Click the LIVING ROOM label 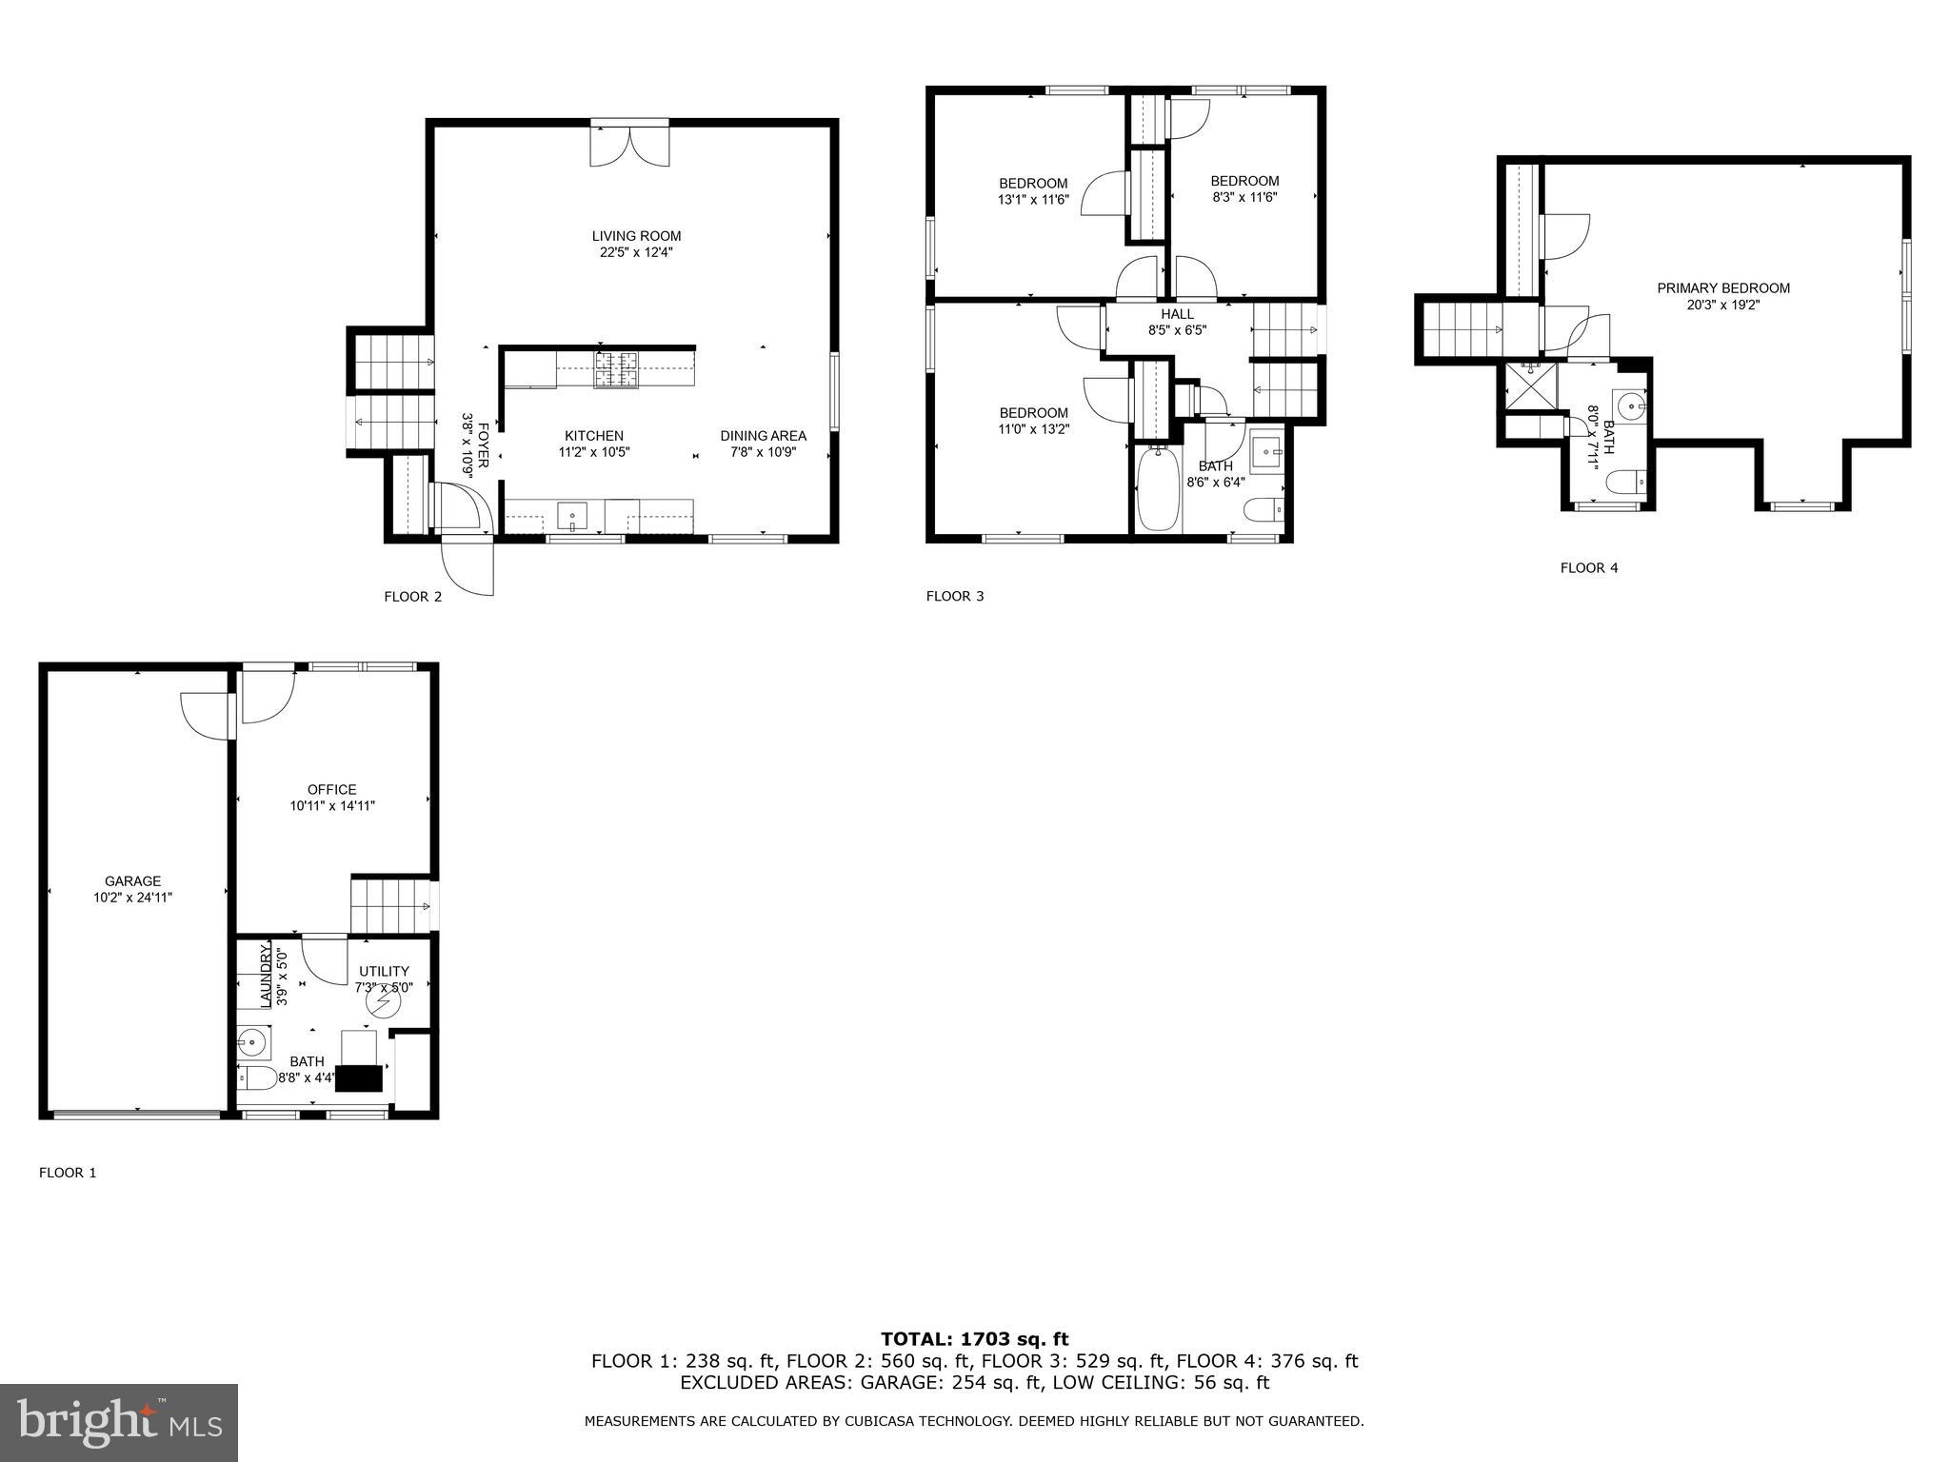636,236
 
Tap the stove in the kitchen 617,370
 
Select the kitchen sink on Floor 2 572,517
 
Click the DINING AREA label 763,436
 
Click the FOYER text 483,445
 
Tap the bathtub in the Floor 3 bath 1158,489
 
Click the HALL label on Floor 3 1177,314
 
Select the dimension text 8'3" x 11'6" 1244,197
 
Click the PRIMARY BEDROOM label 1723,288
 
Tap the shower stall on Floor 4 1529,385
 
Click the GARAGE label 132,881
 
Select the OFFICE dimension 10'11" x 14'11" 332,805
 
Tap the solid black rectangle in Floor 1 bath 360,1077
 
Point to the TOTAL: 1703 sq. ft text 974,1339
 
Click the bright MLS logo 119,1422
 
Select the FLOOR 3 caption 955,596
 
